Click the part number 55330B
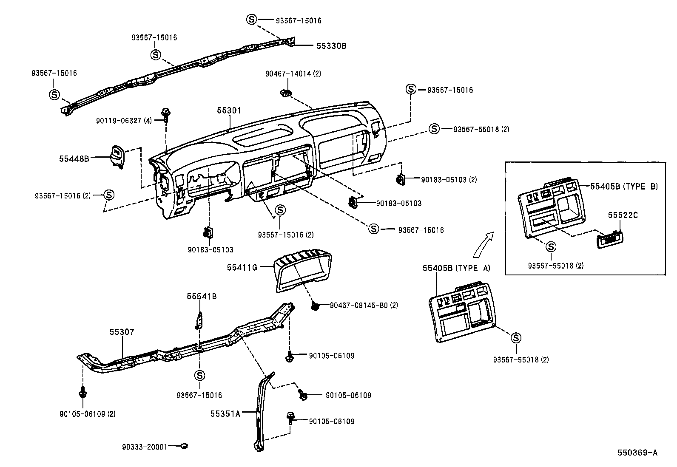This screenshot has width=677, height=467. [331, 46]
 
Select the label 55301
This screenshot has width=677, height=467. [229, 111]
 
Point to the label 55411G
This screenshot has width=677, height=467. [242, 267]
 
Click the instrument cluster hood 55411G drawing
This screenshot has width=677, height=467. [302, 270]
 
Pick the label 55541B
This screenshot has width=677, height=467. [202, 296]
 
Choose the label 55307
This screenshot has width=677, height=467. [122, 332]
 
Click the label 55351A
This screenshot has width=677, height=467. [225, 413]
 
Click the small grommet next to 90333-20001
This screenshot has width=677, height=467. [184, 446]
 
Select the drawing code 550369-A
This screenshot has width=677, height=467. [637, 453]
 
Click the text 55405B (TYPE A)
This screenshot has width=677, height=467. [456, 268]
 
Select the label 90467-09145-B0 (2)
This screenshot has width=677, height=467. [364, 305]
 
